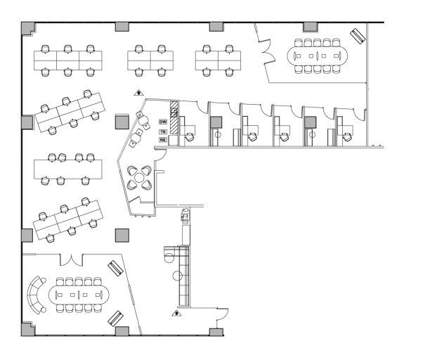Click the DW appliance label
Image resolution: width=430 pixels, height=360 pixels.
coord(162,122)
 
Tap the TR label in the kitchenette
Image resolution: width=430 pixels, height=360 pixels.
coord(162,131)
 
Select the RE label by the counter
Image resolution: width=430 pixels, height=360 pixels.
coord(162,140)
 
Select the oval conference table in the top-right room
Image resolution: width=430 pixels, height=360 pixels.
coord(320,54)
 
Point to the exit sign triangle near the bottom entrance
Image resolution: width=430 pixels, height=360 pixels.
coord(176,312)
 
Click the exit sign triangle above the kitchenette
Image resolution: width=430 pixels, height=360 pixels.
coord(139,91)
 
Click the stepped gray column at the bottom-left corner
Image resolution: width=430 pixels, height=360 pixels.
coord(27,328)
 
